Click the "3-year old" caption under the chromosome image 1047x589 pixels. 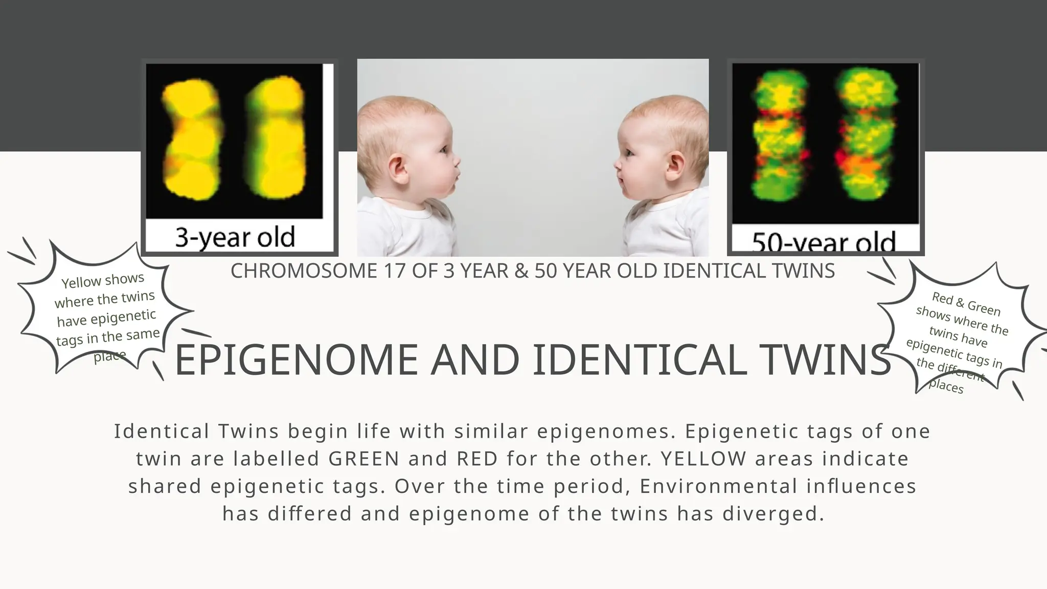click(235, 237)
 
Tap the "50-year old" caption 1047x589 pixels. click(824, 242)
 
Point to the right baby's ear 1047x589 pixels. click(675, 166)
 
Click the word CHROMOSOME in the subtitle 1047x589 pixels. click(304, 271)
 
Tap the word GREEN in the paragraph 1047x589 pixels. click(364, 459)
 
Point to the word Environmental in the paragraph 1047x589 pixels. click(719, 486)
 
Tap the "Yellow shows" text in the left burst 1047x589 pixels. click(103, 280)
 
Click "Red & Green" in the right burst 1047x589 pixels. click(966, 304)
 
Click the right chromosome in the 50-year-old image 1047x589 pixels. click(866, 135)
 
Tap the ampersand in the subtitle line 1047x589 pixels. click(521, 271)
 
